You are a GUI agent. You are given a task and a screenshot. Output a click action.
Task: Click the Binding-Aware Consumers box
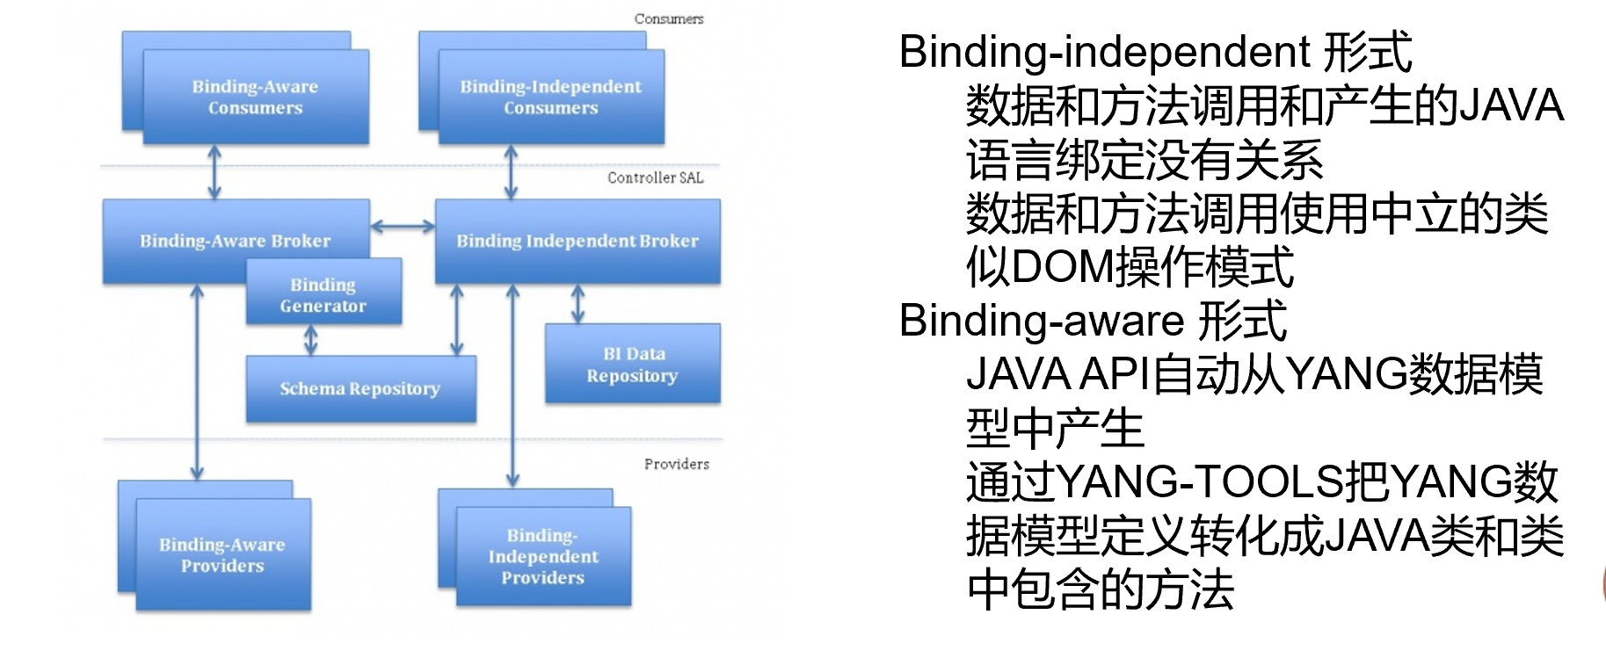click(x=255, y=97)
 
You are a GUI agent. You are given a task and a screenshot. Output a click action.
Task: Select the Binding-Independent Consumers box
click(x=551, y=97)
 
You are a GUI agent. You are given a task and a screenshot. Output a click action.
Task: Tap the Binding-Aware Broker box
click(x=235, y=240)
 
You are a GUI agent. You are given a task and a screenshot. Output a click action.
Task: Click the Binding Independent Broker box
click(x=578, y=240)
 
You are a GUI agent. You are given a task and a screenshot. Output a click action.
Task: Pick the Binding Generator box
click(x=323, y=294)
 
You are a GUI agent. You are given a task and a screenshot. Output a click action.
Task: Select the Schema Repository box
click(x=360, y=388)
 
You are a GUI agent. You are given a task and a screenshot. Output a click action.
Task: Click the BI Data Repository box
click(x=632, y=364)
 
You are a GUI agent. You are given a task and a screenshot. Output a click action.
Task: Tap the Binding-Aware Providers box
click(x=222, y=554)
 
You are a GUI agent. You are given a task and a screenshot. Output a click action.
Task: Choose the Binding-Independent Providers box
click(x=543, y=555)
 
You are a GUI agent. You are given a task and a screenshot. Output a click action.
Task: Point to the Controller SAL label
click(x=655, y=177)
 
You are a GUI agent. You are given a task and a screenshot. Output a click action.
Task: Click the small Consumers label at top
click(x=669, y=18)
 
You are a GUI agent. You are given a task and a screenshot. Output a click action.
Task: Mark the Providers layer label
click(x=676, y=464)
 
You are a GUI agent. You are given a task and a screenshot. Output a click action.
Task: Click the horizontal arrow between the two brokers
click(x=403, y=227)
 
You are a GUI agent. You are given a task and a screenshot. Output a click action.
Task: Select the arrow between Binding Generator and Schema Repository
click(x=310, y=340)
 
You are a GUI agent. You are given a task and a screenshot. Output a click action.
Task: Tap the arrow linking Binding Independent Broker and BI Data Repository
click(x=578, y=303)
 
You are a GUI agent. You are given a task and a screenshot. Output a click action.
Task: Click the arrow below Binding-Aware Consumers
click(x=214, y=172)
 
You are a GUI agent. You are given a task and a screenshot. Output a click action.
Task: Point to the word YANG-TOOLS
click(x=1199, y=482)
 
